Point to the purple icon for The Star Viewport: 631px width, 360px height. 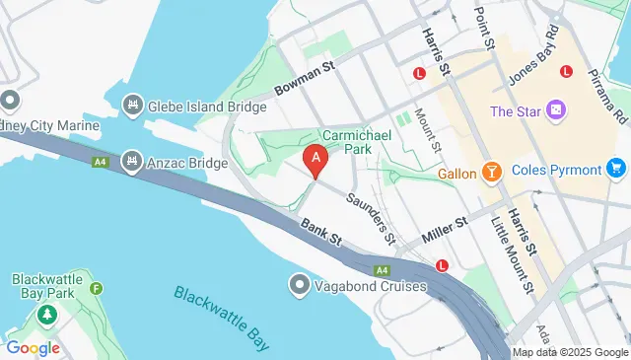tap(557, 109)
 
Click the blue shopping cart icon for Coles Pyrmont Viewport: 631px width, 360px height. tap(617, 169)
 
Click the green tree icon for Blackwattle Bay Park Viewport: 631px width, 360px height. tap(46, 315)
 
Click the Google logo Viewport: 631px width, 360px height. tap(33, 347)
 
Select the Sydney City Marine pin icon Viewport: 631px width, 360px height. tap(10, 101)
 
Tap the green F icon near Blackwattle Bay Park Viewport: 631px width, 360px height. tap(96, 289)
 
